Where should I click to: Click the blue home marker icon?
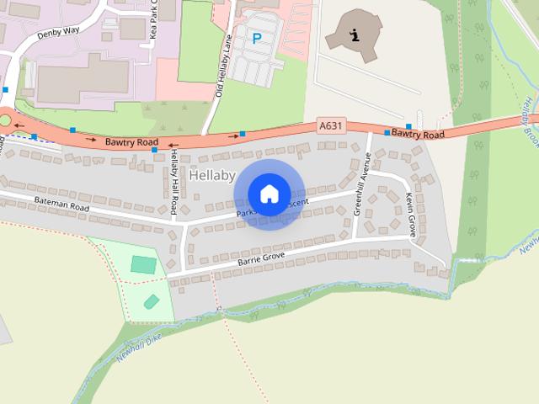click(269, 194)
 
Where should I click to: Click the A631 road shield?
click(331, 126)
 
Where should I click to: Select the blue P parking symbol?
click(255, 38)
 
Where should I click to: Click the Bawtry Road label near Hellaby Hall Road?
click(131, 144)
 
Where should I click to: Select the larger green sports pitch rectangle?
click(143, 264)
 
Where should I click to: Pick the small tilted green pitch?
click(152, 301)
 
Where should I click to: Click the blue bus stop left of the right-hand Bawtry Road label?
click(387, 133)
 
